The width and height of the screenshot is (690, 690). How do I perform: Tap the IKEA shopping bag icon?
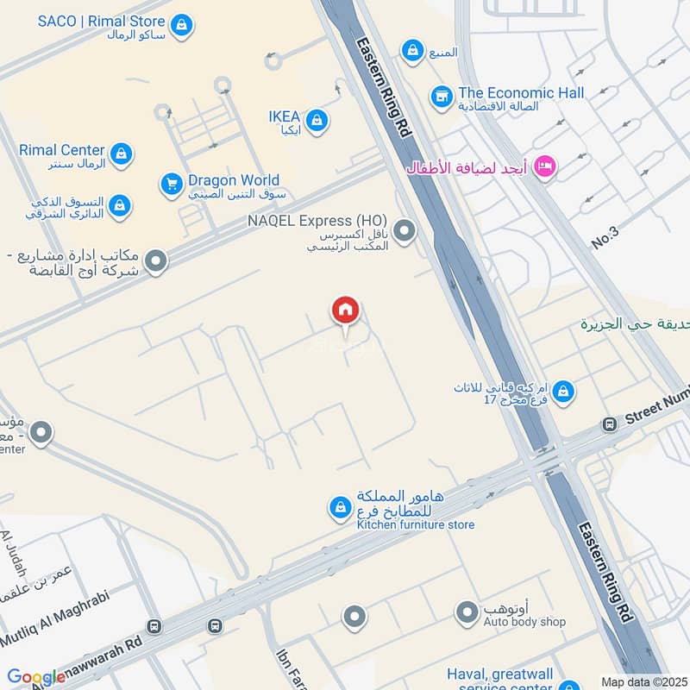(317, 120)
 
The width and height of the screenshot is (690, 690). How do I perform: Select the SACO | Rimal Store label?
(103, 22)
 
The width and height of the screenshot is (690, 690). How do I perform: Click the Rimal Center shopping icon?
(122, 154)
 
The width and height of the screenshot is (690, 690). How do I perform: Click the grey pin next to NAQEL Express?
(405, 230)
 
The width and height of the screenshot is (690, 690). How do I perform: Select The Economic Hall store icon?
(442, 95)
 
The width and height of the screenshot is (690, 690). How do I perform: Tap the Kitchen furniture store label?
(416, 524)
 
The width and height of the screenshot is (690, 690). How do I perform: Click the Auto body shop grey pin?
(467, 612)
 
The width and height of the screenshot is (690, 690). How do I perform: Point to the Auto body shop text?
(512, 621)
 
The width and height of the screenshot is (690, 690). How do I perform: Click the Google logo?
(36, 678)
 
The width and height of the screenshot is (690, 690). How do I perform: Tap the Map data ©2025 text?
(643, 681)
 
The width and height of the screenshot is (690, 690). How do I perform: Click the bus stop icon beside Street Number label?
(610, 423)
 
